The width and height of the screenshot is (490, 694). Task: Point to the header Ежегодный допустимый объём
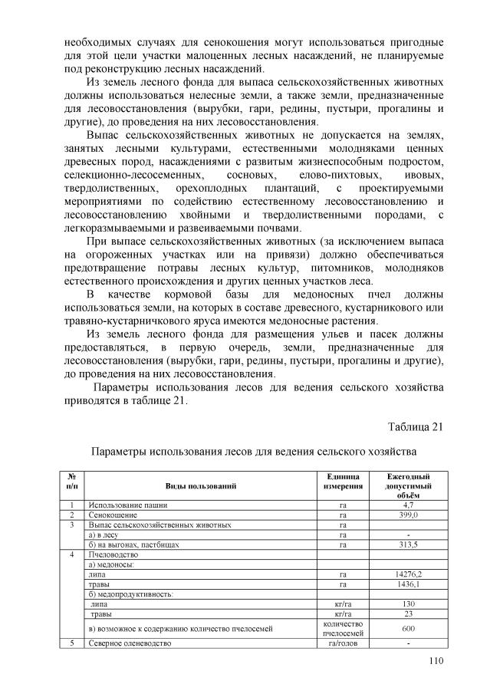tap(409, 486)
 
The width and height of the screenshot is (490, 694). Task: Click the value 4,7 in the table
tap(409, 505)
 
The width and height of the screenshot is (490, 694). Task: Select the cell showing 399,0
tap(409, 515)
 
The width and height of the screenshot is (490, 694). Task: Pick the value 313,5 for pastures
tap(409, 544)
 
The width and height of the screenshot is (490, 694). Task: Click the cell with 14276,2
tap(409, 574)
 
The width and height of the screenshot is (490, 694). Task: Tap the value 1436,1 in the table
tap(409, 584)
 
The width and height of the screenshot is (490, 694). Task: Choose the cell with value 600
tap(409, 628)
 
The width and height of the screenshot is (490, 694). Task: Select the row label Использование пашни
tap(127, 505)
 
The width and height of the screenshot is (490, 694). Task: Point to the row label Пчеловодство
tap(113, 554)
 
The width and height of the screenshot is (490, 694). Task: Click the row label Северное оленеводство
tap(129, 643)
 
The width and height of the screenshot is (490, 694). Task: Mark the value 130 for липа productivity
tap(409, 604)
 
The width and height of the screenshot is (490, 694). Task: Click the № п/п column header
tap(71, 482)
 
